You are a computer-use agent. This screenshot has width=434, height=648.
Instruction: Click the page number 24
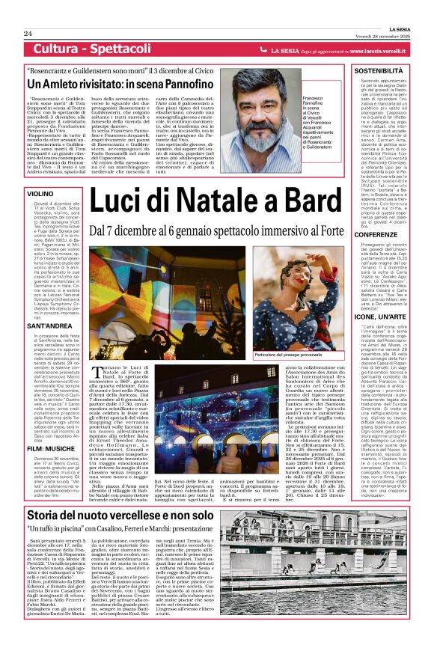pyautogui.click(x=27, y=34)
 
